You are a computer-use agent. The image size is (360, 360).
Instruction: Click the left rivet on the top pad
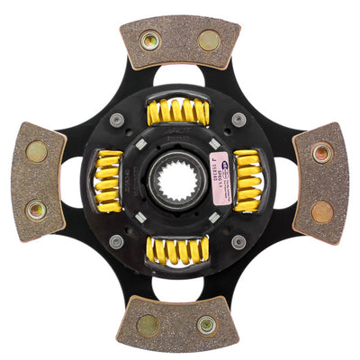(149, 40)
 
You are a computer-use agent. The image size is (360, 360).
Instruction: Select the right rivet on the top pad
(208, 40)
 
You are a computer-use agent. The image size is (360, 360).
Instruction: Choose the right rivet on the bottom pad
(207, 325)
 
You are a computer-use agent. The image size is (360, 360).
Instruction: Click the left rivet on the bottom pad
(148, 325)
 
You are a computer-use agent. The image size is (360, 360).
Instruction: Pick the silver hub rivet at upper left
(117, 120)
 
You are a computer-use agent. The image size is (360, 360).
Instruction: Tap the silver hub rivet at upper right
(238, 119)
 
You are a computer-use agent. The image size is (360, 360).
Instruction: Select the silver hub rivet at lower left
(117, 240)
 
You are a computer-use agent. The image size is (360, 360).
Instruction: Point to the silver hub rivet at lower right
(238, 240)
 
